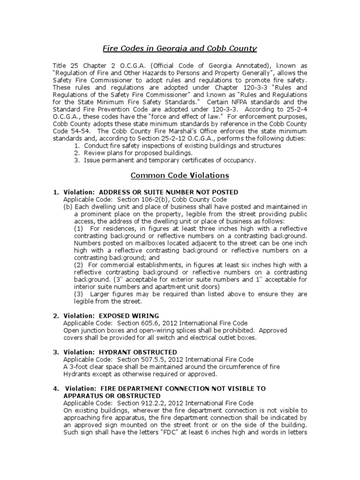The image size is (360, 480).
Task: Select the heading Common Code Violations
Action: click(180, 176)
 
